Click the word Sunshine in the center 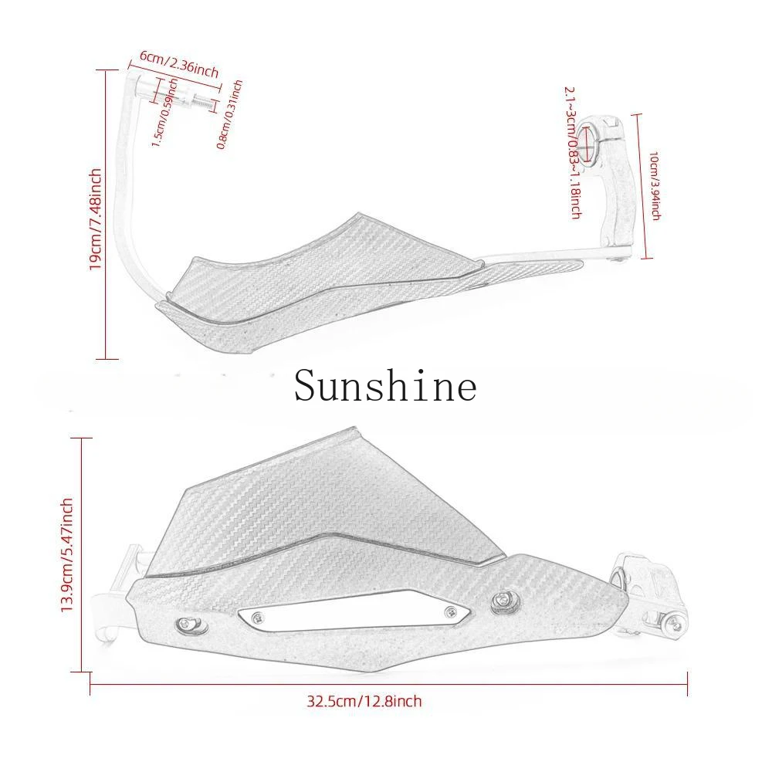tap(385, 385)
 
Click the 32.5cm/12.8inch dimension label tap(364, 702)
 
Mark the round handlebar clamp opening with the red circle tap(591, 144)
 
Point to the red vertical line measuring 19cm tap(106, 216)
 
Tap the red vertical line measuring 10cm tap(638, 185)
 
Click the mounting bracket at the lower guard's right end tap(648, 590)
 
